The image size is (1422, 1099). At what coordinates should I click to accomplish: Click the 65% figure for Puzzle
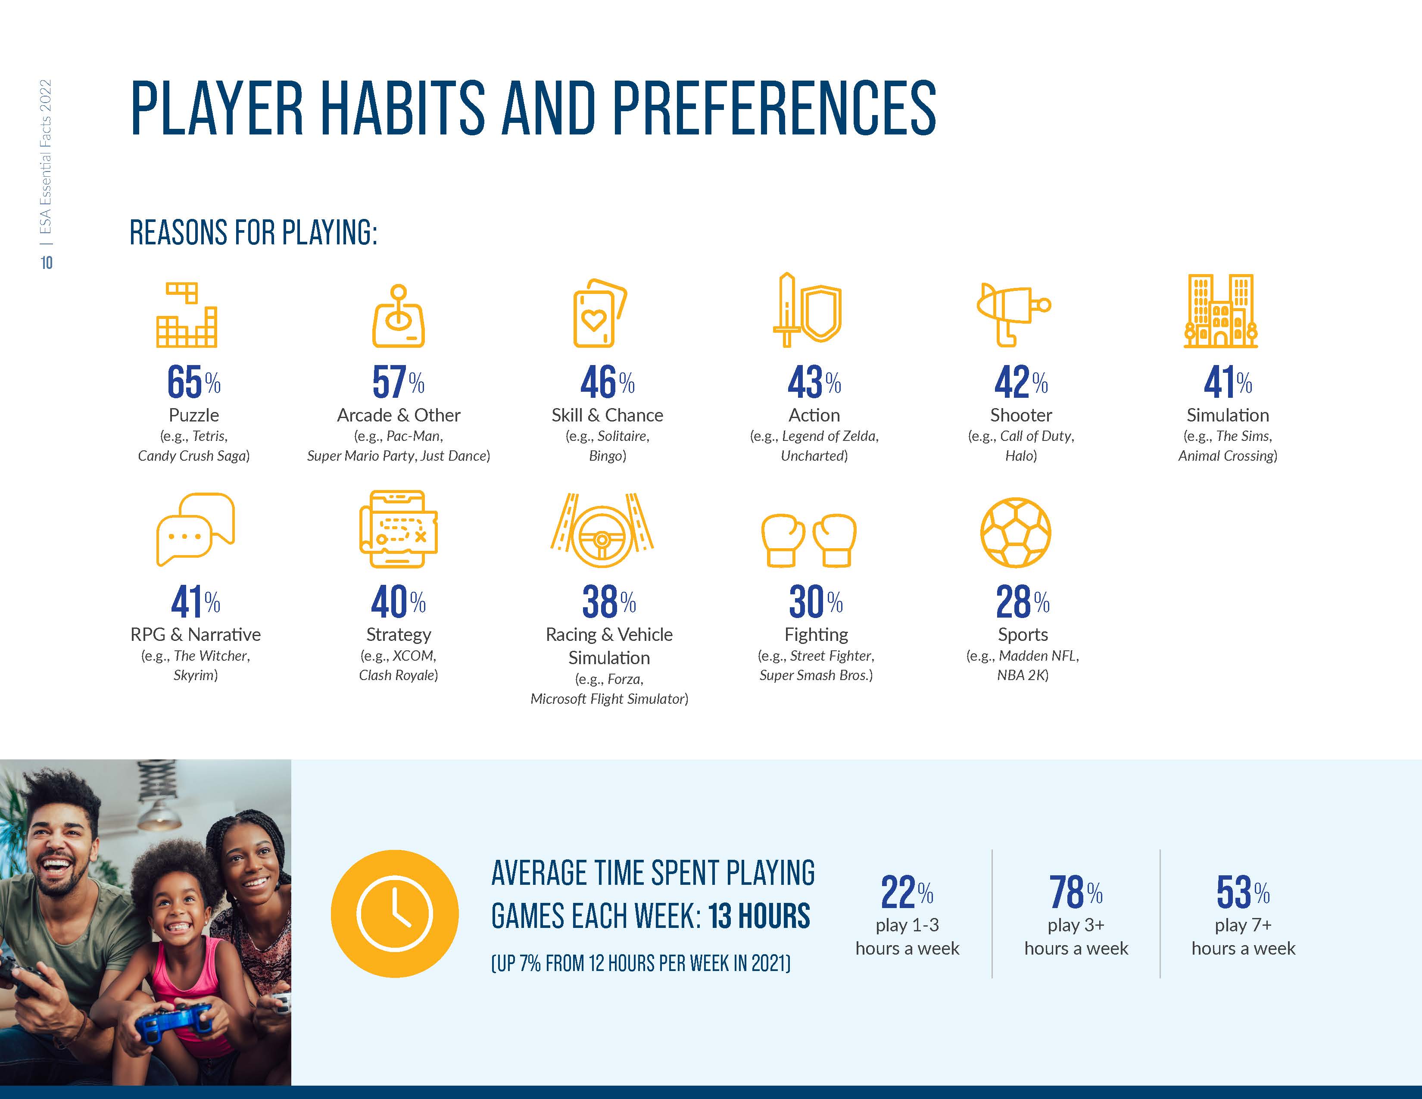coord(193,382)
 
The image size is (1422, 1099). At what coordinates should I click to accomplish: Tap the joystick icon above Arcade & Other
coord(399,316)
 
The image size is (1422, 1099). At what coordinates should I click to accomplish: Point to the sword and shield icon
coord(808,309)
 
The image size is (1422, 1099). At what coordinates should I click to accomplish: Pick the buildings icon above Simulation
coord(1221,311)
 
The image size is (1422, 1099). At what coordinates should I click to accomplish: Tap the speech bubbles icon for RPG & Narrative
coord(195,529)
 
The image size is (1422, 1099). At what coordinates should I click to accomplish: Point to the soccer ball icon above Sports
coord(1016,533)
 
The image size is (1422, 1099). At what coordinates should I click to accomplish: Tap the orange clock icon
coord(395,913)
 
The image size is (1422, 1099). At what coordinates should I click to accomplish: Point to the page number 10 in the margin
coord(46,262)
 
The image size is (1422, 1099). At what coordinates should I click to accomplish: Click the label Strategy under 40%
coord(399,635)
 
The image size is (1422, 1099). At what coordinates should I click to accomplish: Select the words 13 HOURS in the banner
coord(759,916)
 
